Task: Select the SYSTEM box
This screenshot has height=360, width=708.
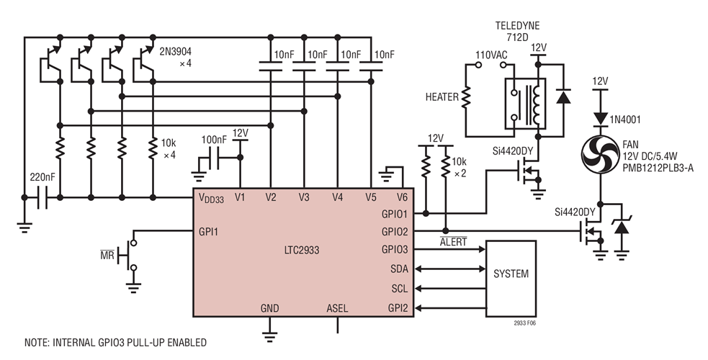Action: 511,274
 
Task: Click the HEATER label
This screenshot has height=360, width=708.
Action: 442,96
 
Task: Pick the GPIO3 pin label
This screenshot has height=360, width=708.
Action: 394,249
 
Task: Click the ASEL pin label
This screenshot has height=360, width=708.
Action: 337,308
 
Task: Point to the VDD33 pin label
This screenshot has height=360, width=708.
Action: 212,197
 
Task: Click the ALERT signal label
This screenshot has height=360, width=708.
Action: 453,243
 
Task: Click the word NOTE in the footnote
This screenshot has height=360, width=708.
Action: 38,342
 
